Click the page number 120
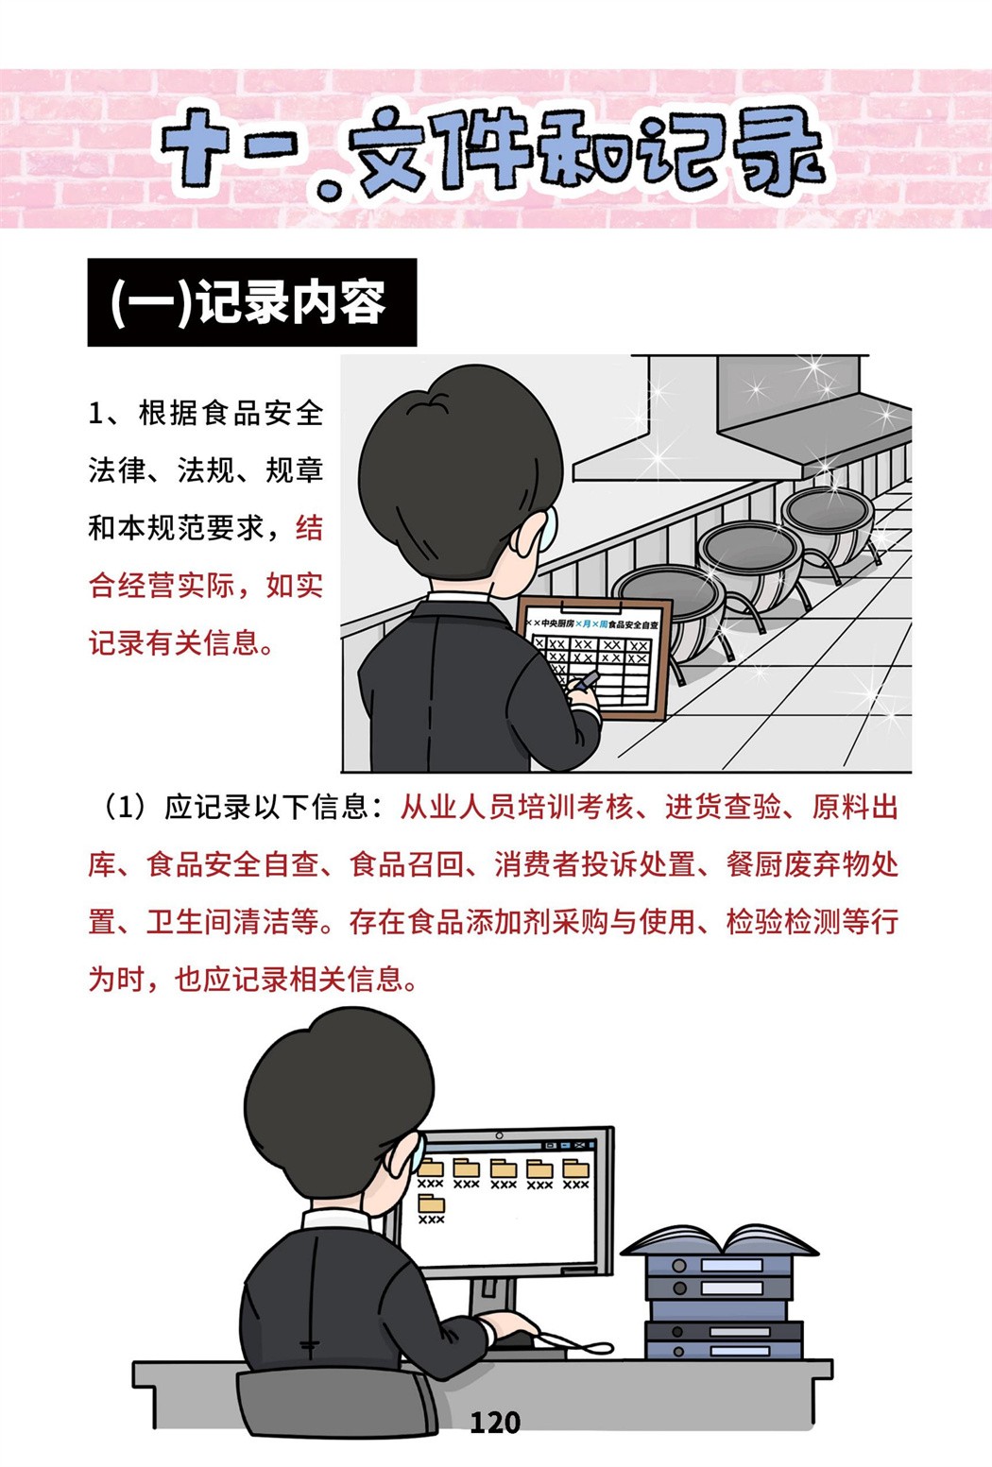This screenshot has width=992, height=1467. click(x=495, y=1422)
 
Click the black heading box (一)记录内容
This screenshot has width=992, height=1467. click(x=252, y=302)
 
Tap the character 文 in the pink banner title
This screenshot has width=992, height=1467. click(x=392, y=153)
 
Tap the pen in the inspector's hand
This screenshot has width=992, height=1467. click(x=587, y=680)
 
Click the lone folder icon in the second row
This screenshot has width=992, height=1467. click(x=431, y=1203)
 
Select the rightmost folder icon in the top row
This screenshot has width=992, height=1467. click(x=576, y=1168)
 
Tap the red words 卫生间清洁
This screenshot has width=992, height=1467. click(x=217, y=922)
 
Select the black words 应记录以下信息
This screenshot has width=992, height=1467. click(x=266, y=807)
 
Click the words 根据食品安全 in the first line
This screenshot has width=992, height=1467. click(x=231, y=413)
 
